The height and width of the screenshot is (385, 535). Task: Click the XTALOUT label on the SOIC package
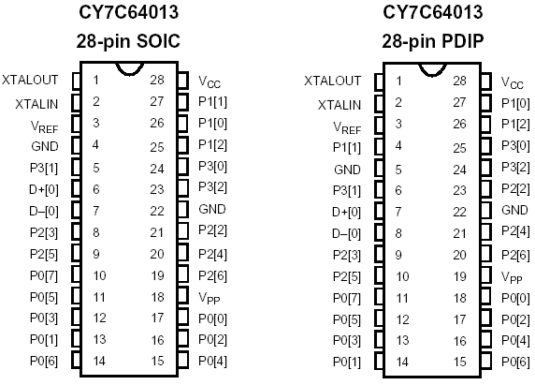[30, 80]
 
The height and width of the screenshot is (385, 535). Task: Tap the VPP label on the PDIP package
[512, 277]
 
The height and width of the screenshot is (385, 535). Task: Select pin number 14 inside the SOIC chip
[99, 361]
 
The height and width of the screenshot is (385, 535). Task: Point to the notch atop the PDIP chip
[432, 71]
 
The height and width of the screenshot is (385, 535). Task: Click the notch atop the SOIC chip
[129, 70]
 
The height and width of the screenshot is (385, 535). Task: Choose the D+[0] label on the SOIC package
[44, 189]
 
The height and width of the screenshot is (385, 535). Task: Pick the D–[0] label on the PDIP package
[346, 234]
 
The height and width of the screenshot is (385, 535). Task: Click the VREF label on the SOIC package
[45, 126]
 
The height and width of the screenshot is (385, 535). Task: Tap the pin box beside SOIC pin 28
[183, 81]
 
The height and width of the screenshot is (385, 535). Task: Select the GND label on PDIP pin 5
[347, 170]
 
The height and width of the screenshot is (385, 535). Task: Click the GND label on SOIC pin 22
[212, 209]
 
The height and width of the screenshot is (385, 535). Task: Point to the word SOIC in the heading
[158, 41]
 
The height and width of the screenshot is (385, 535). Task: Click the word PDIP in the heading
[462, 41]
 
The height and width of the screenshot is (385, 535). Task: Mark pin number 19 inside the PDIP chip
[459, 276]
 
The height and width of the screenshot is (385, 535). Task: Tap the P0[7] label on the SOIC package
[44, 275]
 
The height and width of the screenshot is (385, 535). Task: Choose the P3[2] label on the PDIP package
[515, 168]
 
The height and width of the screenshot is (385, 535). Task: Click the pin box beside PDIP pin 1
[379, 81]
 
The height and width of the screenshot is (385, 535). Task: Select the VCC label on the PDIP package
[513, 82]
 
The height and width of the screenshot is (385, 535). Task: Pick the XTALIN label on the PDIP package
[340, 105]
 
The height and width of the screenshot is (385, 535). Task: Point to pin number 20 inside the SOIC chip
[157, 254]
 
